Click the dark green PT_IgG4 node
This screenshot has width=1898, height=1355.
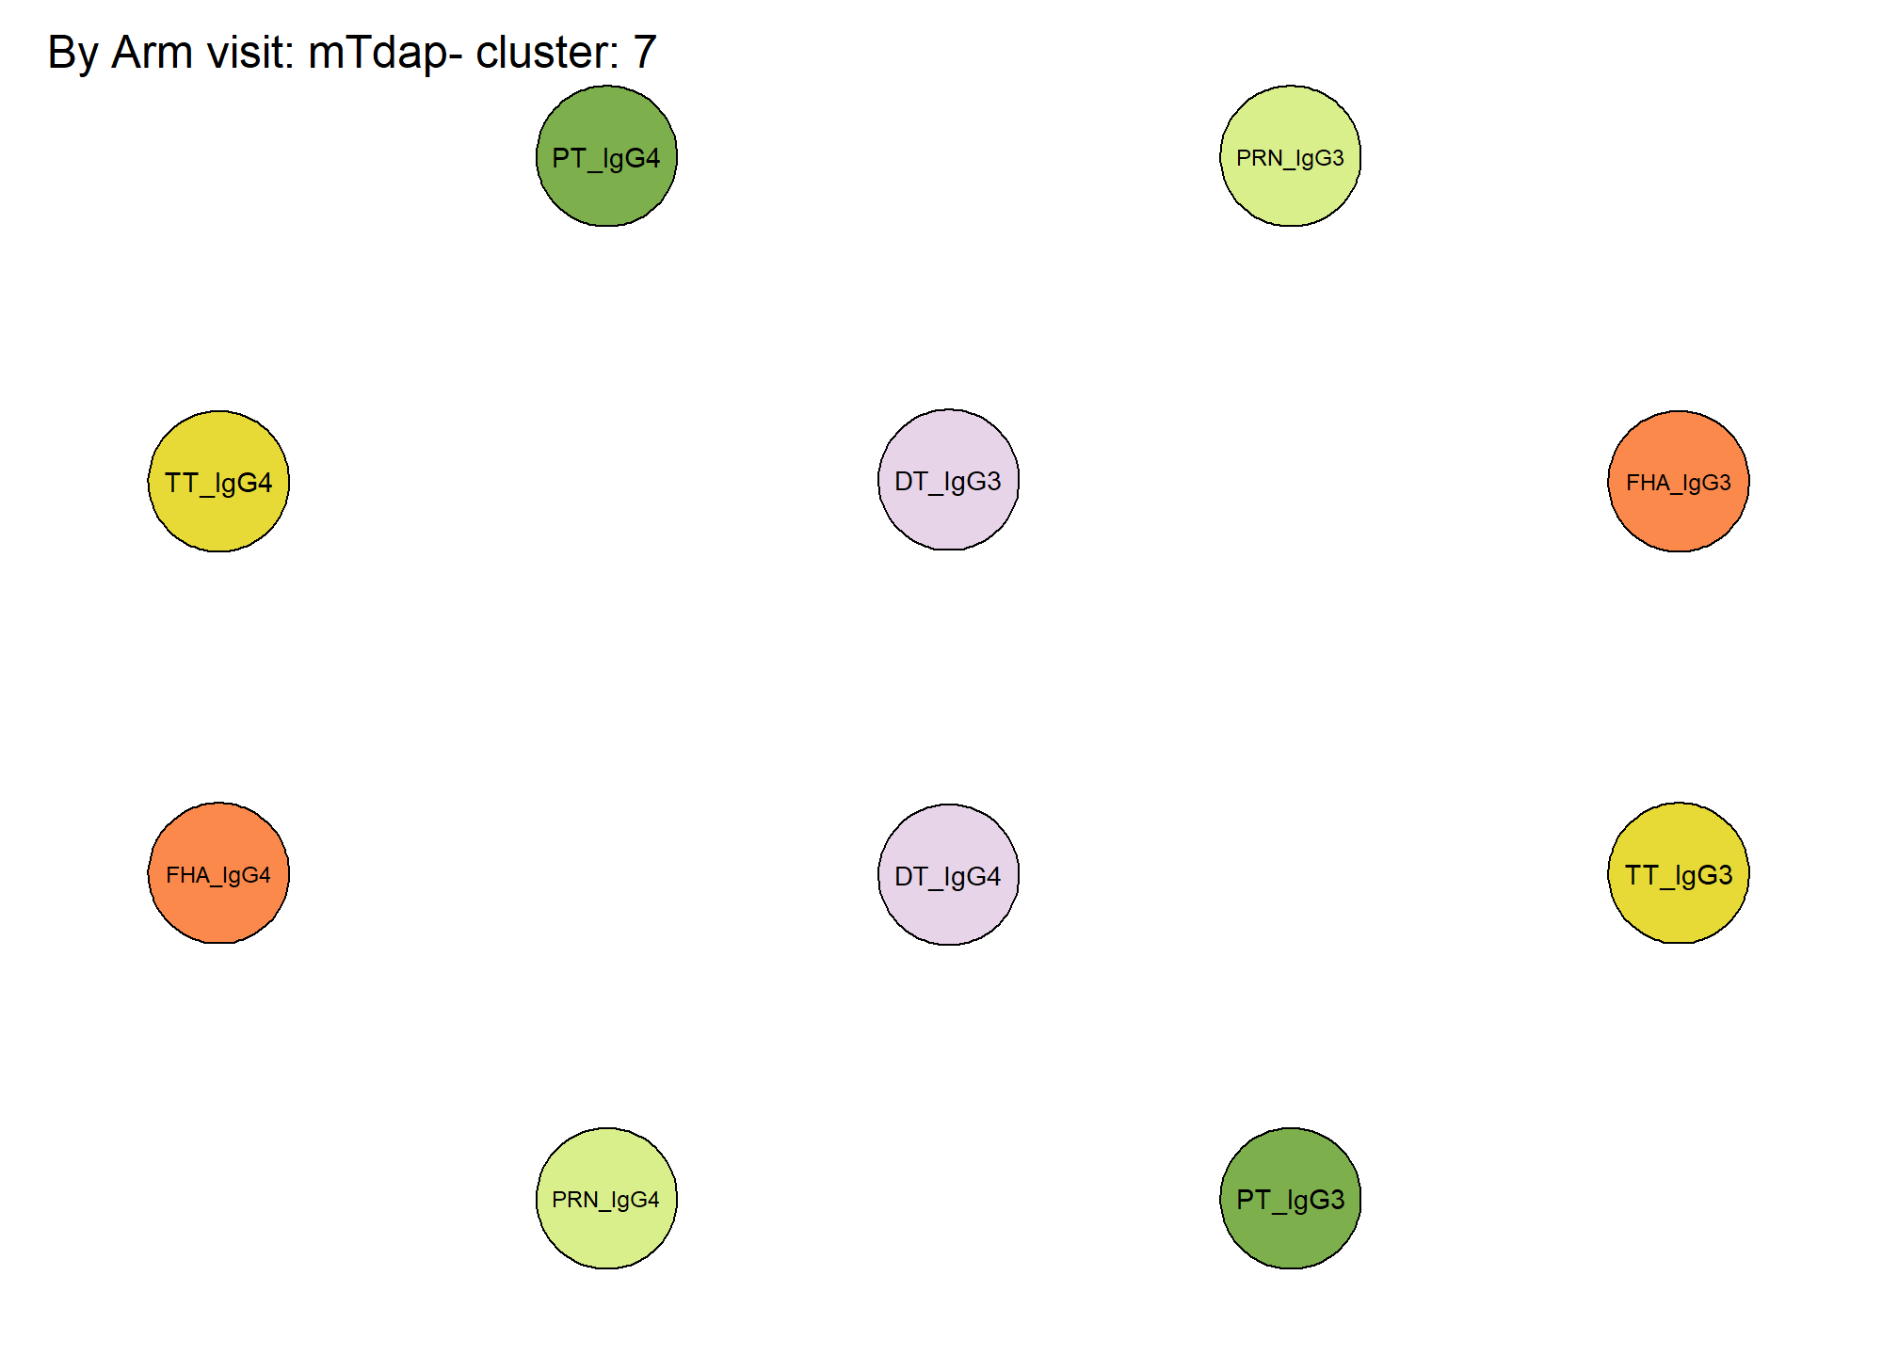[606, 156]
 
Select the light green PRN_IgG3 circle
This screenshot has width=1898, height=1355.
[1290, 156]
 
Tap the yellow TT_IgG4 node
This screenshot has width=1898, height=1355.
[218, 481]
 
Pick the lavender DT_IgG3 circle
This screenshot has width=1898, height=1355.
[948, 480]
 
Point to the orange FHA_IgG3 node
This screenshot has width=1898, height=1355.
[1679, 481]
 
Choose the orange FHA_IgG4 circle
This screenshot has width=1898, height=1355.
[218, 873]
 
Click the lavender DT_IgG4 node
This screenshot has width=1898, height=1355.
[948, 875]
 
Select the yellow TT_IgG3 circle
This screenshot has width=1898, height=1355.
[1679, 873]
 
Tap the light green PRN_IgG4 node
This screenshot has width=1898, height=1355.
[606, 1199]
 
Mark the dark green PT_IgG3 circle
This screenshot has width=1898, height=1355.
[1290, 1199]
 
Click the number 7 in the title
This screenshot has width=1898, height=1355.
[644, 52]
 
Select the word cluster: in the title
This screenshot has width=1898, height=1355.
[547, 52]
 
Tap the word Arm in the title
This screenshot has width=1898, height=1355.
[150, 52]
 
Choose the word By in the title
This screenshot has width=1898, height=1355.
[72, 54]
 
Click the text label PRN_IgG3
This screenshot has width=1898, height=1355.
[1290, 158]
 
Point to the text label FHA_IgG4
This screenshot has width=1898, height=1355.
[218, 875]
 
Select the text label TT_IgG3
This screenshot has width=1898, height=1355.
[1679, 875]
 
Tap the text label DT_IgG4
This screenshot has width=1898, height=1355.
[948, 877]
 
